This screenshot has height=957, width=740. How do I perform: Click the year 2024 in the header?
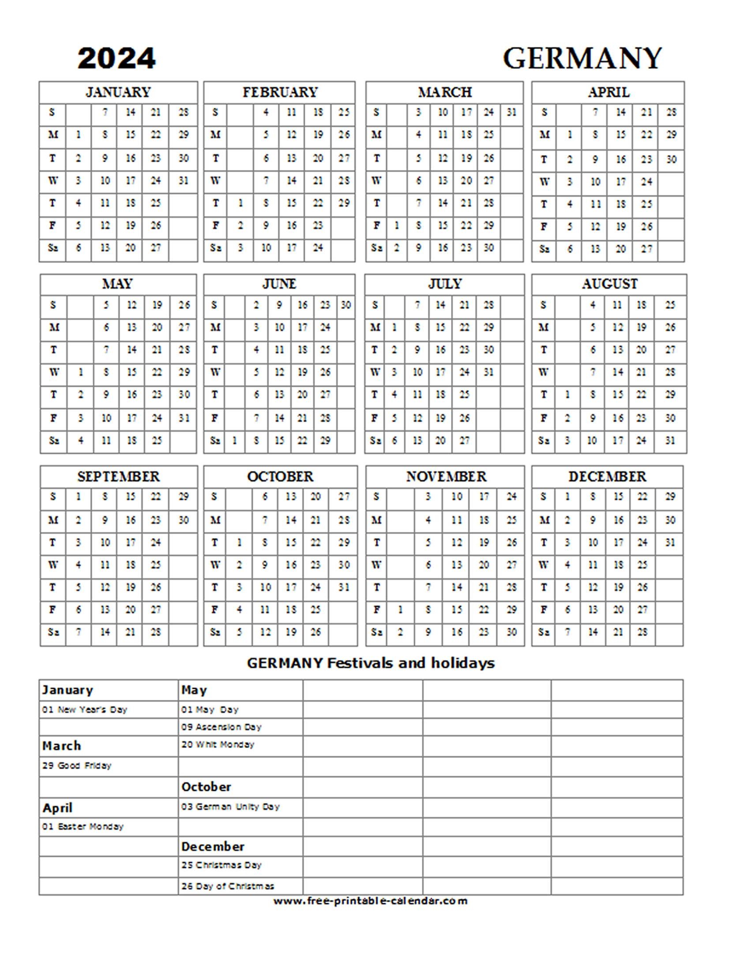(116, 58)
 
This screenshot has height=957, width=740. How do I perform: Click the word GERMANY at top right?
(582, 58)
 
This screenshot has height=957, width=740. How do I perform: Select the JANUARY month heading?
(118, 92)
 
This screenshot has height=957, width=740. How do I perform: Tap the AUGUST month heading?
(609, 284)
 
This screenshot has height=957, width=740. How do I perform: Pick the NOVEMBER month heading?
(446, 477)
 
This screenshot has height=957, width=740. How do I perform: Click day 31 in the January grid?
(184, 180)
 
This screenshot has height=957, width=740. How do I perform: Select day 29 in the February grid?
(344, 203)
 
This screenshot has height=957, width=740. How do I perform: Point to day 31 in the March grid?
(511, 112)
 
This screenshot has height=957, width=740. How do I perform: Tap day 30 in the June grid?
(346, 305)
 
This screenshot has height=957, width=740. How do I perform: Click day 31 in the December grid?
(670, 542)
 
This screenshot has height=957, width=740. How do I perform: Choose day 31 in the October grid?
(344, 587)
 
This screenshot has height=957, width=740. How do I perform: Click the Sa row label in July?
(376, 440)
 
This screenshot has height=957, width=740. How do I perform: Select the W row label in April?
(545, 181)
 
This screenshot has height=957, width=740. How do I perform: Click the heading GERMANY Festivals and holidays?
(371, 663)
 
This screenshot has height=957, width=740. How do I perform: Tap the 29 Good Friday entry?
(77, 765)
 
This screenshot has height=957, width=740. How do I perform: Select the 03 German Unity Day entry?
(230, 807)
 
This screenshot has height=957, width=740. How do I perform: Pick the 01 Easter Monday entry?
(83, 826)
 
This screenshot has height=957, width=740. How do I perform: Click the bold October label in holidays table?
(206, 787)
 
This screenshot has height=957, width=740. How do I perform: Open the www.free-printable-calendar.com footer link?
(370, 901)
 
